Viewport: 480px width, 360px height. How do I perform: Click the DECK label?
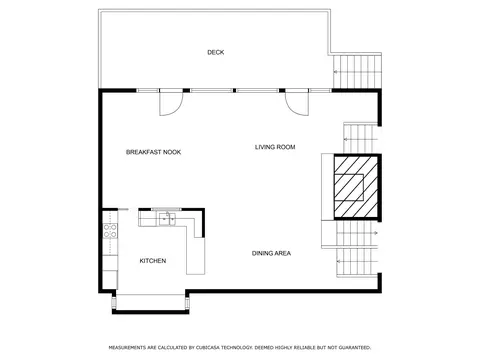click(x=216, y=52)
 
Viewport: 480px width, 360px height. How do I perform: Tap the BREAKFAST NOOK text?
click(x=153, y=152)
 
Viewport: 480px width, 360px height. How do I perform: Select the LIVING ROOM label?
click(x=275, y=147)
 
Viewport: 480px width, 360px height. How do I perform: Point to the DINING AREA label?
click(x=271, y=253)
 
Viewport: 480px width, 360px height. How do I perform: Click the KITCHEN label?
click(x=153, y=261)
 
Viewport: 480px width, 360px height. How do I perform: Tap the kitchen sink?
click(x=167, y=219)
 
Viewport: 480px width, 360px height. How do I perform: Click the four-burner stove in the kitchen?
click(x=110, y=231)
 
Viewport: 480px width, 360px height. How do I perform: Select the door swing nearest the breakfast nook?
click(x=171, y=103)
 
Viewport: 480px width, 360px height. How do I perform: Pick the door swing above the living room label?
click(x=297, y=103)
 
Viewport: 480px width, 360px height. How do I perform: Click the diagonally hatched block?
click(x=357, y=187)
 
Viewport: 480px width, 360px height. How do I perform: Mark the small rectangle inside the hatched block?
click(x=349, y=187)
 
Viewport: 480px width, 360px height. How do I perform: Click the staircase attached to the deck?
click(x=357, y=71)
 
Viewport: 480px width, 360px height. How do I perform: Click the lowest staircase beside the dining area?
click(x=357, y=262)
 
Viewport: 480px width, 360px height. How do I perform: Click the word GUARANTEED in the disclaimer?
click(x=354, y=348)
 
